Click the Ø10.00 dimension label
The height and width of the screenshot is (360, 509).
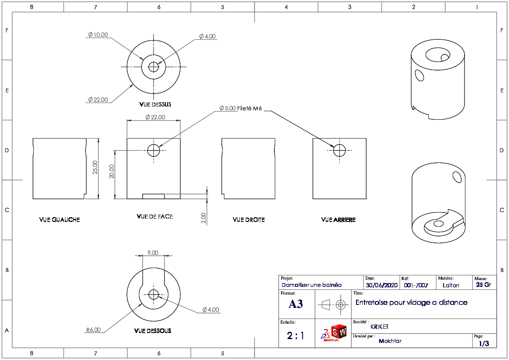(98, 35)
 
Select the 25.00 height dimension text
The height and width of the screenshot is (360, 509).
(95, 167)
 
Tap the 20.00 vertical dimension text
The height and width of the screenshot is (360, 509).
(112, 171)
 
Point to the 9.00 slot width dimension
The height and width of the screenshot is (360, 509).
(153, 253)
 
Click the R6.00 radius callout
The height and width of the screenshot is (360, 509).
(94, 330)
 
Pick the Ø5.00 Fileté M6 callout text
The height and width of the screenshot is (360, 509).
(240, 109)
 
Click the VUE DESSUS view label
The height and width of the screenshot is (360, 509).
(155, 104)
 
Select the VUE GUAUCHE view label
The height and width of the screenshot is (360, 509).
(59, 220)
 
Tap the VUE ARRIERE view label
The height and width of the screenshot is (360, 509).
(338, 220)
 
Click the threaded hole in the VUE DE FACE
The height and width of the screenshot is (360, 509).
(153, 150)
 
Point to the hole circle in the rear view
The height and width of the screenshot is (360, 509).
(340, 150)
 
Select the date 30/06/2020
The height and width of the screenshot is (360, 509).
(382, 285)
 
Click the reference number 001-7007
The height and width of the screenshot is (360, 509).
(416, 285)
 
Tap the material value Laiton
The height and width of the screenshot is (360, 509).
(451, 285)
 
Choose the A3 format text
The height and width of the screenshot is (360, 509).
(296, 304)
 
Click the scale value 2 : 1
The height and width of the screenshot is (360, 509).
(296, 335)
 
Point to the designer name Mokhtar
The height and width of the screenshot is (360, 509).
(390, 341)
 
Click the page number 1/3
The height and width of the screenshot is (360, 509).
(484, 343)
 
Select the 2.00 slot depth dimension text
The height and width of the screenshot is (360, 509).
(203, 218)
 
